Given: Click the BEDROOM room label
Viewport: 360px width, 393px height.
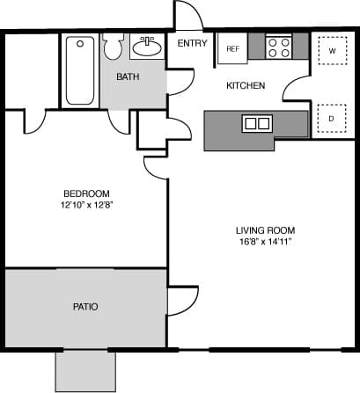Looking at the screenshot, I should point(85,193).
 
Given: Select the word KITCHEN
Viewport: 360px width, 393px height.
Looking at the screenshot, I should point(246,85).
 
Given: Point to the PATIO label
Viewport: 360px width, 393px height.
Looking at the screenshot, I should point(85,307).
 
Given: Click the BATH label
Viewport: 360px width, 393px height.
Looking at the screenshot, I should point(129,76).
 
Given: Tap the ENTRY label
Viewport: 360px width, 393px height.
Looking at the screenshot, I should point(191,43).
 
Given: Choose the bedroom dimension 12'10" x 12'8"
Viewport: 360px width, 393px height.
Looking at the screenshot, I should point(85,206).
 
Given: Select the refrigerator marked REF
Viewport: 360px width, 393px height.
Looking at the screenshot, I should point(233,49).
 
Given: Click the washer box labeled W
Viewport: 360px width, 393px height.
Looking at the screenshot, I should point(332,51).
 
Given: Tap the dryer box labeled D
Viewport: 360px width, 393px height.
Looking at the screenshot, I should point(332,117).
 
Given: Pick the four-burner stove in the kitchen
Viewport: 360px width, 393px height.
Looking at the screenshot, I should point(279,47).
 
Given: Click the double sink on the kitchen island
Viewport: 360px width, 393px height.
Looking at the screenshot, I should point(258,123).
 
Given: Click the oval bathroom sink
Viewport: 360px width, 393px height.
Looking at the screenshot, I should point(147,47).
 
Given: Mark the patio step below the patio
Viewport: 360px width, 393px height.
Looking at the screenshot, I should point(85,370).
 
